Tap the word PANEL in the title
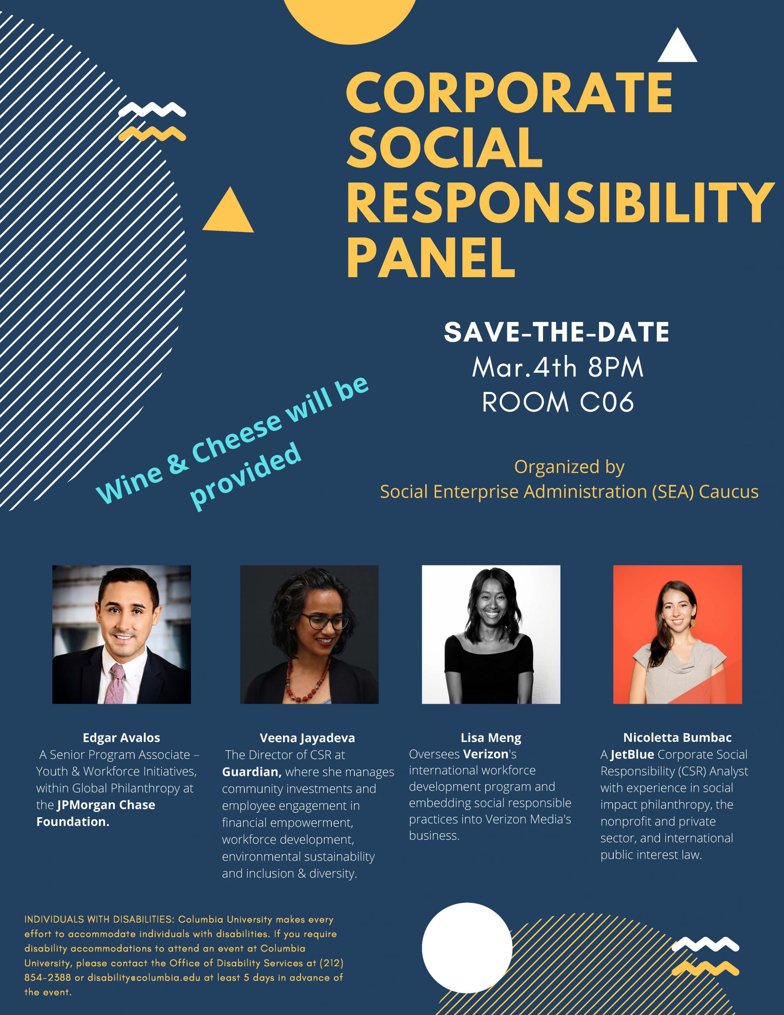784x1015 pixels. coord(431,256)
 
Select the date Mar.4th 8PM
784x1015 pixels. coord(558,368)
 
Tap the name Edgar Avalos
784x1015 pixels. coord(121,737)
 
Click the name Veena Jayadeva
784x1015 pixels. coord(307,738)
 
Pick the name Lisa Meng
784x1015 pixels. coord(491,738)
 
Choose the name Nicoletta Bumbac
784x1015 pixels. coord(677,737)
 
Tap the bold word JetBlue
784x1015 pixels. coord(632,755)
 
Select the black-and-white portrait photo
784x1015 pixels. coord(491,634)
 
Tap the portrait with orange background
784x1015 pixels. coord(677,634)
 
